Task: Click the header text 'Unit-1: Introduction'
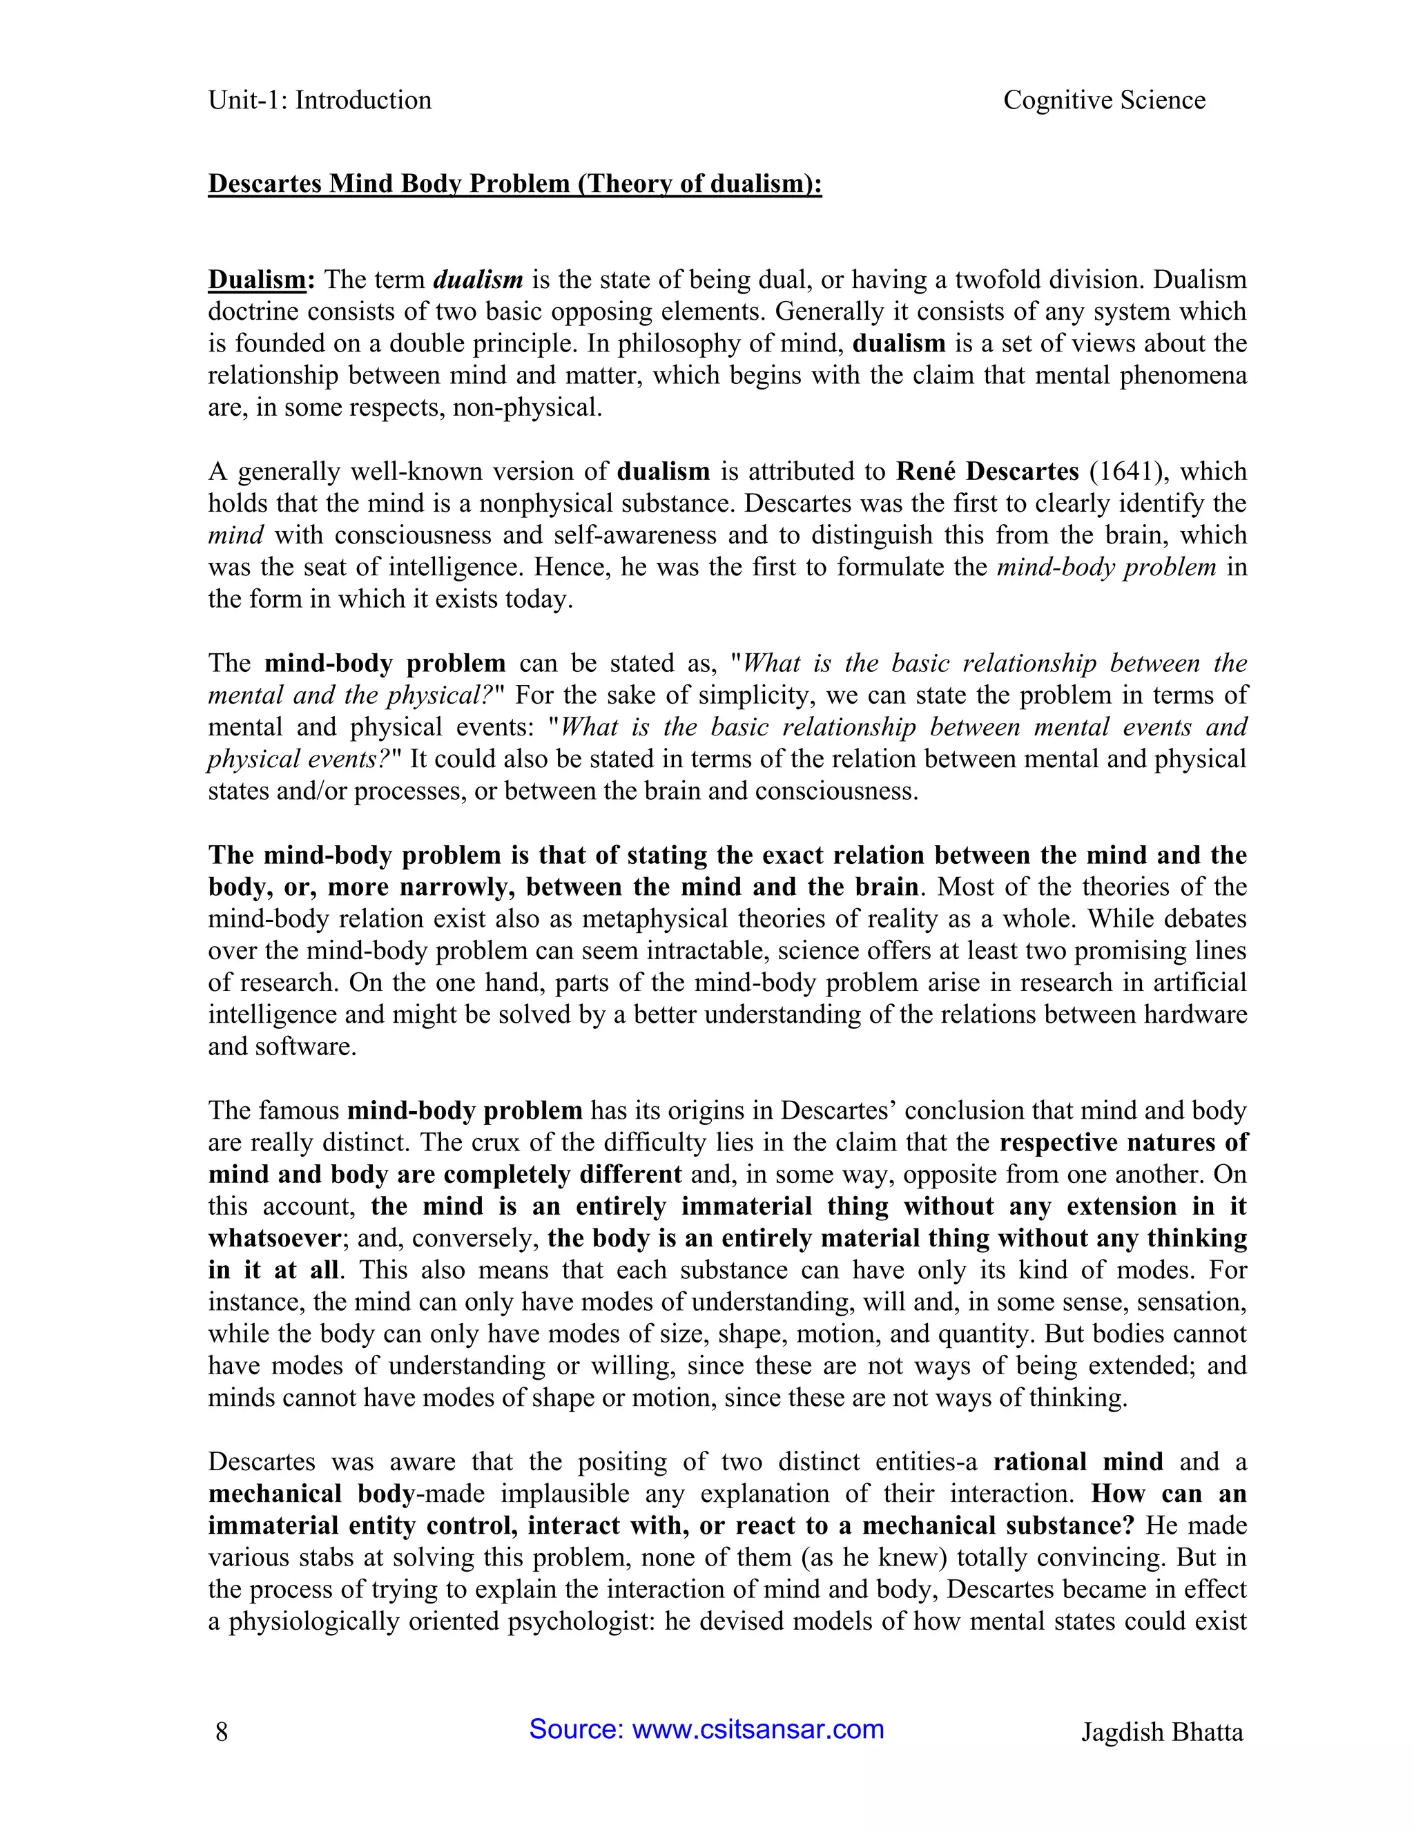click(319, 101)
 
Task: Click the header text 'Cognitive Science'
click(1103, 101)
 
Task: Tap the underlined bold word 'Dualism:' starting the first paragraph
click(260, 279)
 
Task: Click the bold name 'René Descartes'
click(987, 472)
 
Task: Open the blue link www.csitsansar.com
click(757, 1728)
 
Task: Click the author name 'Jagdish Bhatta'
click(1161, 1731)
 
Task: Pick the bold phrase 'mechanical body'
click(311, 1494)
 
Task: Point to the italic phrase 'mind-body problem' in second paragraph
click(1106, 567)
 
